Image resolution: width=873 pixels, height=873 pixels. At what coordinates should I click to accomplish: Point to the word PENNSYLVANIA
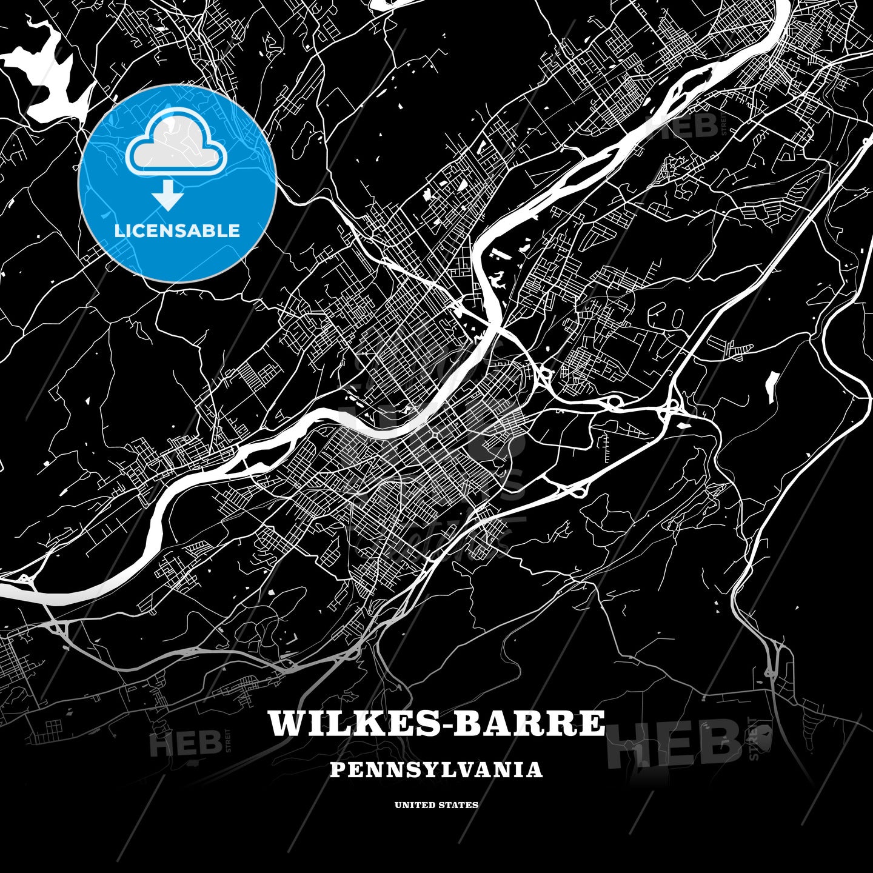[x=436, y=770]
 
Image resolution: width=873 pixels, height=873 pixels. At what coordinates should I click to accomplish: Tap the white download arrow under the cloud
[x=168, y=196]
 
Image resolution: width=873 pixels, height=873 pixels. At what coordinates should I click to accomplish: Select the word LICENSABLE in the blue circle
[x=177, y=230]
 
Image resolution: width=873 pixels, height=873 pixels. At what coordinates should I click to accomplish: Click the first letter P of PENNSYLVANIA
[x=336, y=770]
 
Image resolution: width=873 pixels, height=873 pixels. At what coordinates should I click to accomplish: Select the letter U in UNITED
[x=398, y=805]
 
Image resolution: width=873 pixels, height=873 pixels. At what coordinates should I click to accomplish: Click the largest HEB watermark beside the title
[x=673, y=743]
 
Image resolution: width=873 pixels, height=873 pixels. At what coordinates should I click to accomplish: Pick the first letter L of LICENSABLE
[x=119, y=230]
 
